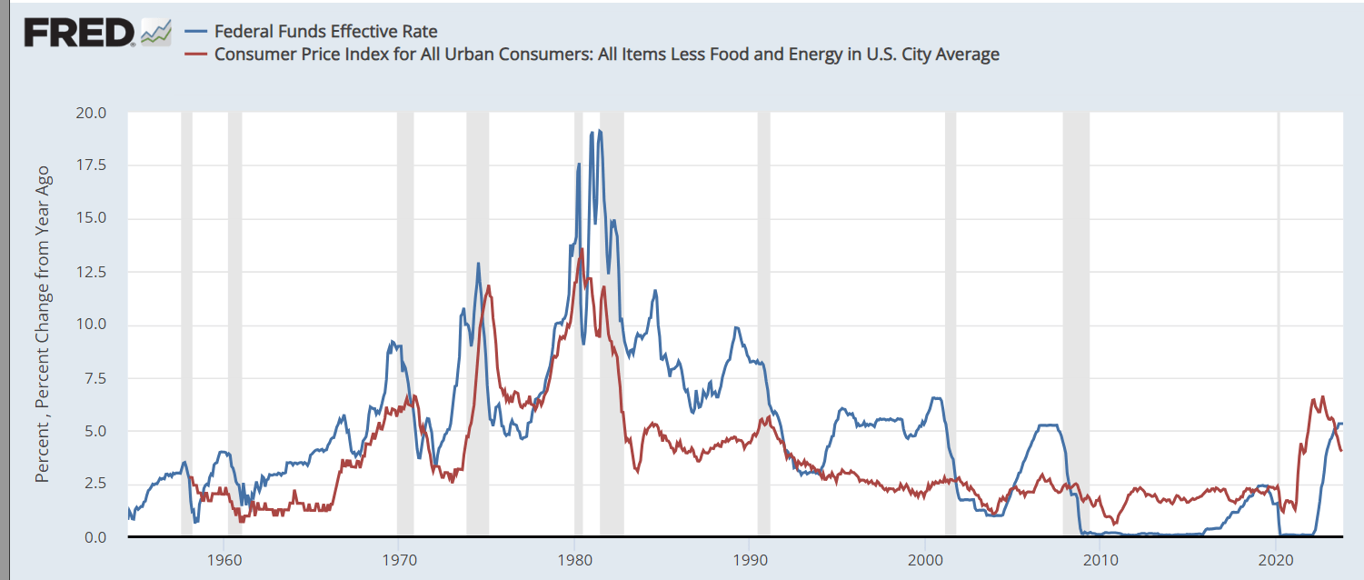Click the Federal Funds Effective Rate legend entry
[325, 32]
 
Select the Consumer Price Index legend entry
[606, 55]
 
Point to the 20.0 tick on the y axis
[91, 114]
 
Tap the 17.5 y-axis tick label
[91, 165]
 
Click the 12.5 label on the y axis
[91, 272]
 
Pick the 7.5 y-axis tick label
[95, 378]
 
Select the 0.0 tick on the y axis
[95, 537]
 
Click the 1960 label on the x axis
[224, 557]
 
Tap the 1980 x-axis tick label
[574, 557]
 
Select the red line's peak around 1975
[489, 286]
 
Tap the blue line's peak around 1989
[736, 327]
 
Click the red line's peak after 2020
[1322, 397]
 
